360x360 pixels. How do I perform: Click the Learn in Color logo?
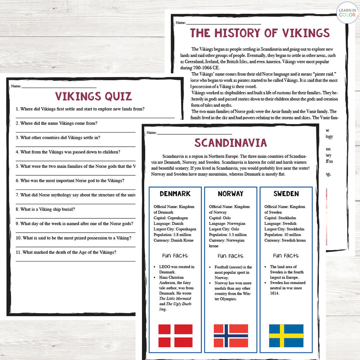[x=347, y=13]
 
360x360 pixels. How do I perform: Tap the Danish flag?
[x=175, y=336]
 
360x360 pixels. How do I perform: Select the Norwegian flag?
[x=231, y=336]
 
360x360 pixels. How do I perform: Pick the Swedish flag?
[x=286, y=336]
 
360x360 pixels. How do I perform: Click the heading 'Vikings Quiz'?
[x=93, y=96]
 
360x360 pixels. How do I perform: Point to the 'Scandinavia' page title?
[x=231, y=143]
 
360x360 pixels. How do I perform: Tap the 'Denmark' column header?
[x=175, y=194]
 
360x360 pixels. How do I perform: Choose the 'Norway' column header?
[x=231, y=194]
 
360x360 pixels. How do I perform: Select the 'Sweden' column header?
[x=286, y=194]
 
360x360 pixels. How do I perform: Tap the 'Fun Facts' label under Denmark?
[x=175, y=256]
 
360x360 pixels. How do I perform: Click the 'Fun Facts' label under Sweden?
[x=286, y=256]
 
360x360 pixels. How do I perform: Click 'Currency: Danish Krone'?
[x=173, y=240]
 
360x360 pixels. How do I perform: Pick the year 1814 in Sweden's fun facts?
[x=275, y=293]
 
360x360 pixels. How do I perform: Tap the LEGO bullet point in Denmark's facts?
[x=177, y=269]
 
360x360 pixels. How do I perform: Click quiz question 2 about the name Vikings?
[x=57, y=123]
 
